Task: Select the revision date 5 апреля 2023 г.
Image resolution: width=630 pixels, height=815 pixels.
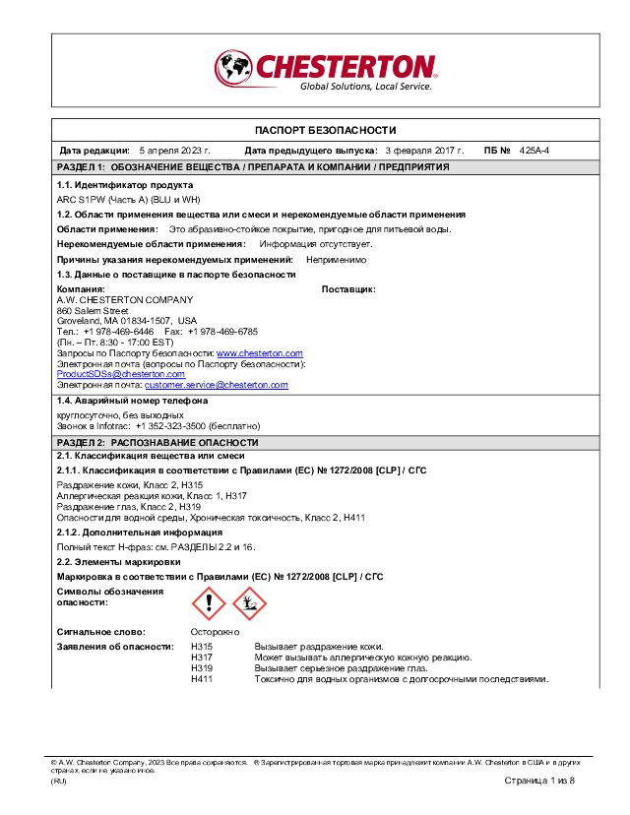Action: [x=175, y=151]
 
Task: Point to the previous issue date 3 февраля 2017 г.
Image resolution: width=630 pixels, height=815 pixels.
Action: [x=423, y=151]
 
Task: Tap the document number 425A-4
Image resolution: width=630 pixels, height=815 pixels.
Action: [x=534, y=151]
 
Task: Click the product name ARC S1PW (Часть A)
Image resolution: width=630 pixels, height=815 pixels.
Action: [x=124, y=199]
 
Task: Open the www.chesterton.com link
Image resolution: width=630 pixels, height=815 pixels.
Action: [x=259, y=352]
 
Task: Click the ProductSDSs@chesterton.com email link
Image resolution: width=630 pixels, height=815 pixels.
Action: [x=121, y=374]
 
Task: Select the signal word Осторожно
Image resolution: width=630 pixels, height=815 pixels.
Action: [x=215, y=632]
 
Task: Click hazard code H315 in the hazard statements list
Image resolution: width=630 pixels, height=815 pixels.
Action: [x=201, y=647]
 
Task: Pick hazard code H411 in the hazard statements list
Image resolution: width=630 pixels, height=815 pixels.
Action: [x=201, y=679]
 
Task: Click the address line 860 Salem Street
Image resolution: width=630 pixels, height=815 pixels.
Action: [x=93, y=310]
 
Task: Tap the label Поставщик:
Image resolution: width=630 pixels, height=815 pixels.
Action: [x=348, y=289]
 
